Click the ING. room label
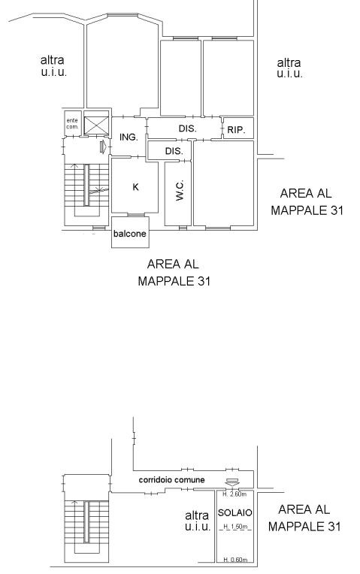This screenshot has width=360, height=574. [129, 137]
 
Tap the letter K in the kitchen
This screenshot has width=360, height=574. [135, 187]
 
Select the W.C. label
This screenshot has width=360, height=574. [179, 190]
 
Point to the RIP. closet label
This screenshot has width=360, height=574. [236, 129]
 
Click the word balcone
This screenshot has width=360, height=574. [129, 234]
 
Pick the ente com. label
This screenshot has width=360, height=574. [72, 124]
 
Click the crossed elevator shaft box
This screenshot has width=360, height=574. [97, 125]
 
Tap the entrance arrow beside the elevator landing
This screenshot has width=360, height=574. [103, 147]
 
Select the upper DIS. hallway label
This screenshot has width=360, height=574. [187, 128]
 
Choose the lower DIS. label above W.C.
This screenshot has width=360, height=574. [174, 151]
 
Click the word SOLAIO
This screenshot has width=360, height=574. [234, 512]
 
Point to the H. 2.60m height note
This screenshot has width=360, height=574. [234, 494]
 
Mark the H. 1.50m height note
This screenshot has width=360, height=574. [235, 527]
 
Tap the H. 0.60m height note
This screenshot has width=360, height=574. [235, 560]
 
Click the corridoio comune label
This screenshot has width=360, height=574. [172, 479]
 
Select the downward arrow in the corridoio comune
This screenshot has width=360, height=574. [232, 482]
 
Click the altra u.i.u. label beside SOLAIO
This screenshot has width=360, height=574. [198, 521]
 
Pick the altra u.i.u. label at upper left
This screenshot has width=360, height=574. [53, 65]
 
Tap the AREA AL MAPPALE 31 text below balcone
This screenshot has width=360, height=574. [174, 273]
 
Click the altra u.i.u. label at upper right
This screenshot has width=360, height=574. [289, 68]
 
